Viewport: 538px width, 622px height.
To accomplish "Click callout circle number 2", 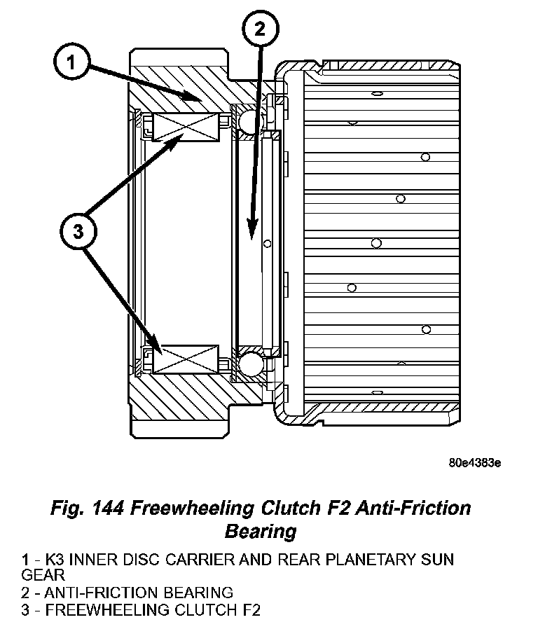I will point(261,30).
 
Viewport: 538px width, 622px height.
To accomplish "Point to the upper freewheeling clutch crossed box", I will point(185,127).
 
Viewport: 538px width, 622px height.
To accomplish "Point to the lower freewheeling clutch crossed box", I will point(185,359).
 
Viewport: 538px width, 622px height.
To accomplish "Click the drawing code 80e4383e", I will point(475,463).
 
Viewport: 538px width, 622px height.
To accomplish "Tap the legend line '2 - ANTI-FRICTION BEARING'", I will point(127,593).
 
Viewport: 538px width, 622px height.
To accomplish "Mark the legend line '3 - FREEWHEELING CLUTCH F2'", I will point(140,610).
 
